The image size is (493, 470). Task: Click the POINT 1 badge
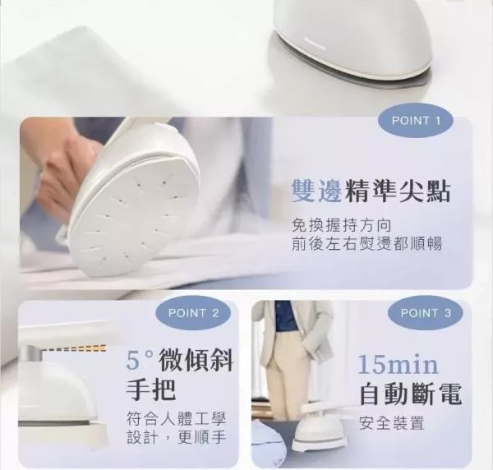tap(415, 121)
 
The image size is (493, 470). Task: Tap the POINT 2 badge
tap(193, 313)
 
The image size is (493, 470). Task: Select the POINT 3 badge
tap(426, 313)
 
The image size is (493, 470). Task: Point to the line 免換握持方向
tap(342, 225)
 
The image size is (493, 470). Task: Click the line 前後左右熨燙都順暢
tap(367, 243)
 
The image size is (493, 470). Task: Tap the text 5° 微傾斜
tap(179, 361)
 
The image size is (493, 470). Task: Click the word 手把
tap(150, 389)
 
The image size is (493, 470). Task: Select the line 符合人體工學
tap(177, 419)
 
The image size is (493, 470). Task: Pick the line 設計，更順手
tap(177, 437)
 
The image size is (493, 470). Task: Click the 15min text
tap(398, 364)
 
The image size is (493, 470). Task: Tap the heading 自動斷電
tap(410, 393)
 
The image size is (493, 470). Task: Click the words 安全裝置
tap(391, 423)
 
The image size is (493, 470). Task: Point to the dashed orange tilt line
tap(75, 348)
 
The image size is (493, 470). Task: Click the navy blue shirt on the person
tap(287, 316)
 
